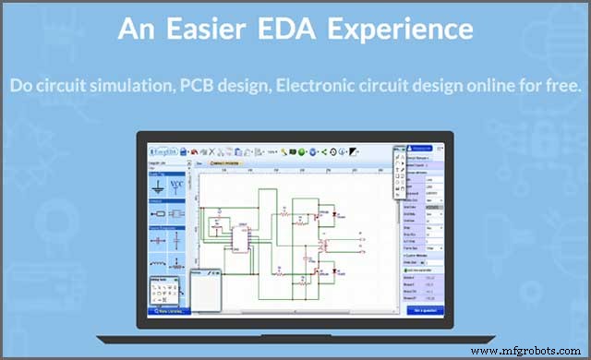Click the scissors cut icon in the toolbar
pos(214,151)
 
